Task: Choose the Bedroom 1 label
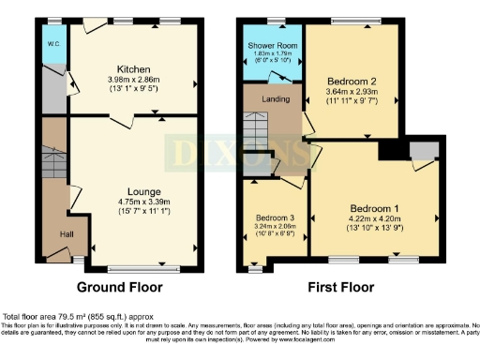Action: pyautogui.click(x=374, y=207)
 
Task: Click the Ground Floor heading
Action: pyautogui.click(x=119, y=287)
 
